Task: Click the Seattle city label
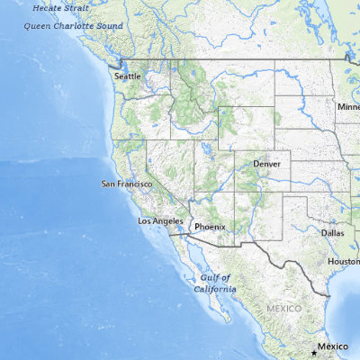(x=129, y=76)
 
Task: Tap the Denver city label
(x=267, y=165)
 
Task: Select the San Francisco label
(x=126, y=184)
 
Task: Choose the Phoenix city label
(x=210, y=228)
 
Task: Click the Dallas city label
(x=332, y=232)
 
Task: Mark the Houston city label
(x=343, y=261)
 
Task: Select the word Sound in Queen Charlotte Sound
(x=108, y=25)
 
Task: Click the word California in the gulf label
(x=216, y=289)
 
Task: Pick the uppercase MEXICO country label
(x=284, y=309)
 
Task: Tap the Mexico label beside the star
(x=336, y=346)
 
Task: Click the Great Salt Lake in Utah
(x=207, y=144)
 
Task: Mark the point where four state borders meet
(x=236, y=192)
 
